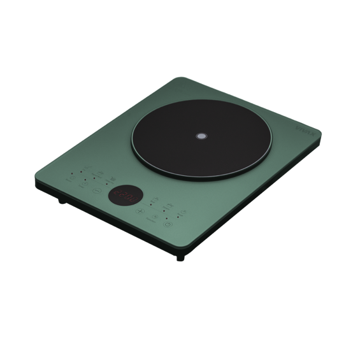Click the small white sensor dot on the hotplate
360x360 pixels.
(201, 136)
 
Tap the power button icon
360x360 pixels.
(167, 224)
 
